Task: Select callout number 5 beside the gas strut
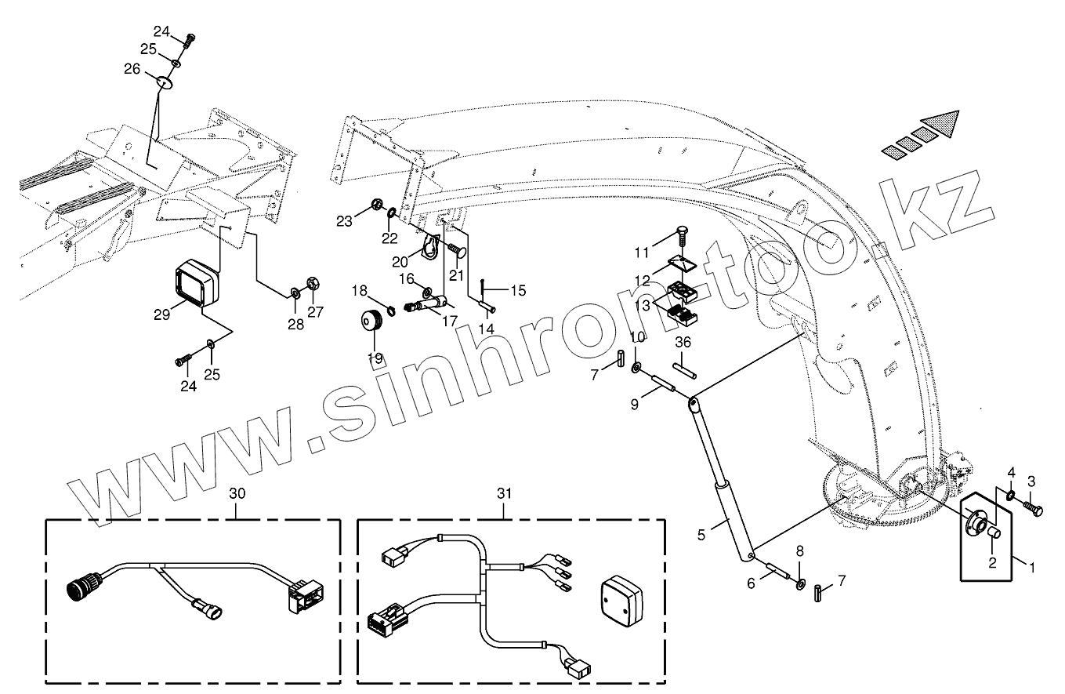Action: (x=701, y=535)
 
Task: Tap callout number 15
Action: (x=518, y=290)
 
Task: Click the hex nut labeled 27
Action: (x=311, y=282)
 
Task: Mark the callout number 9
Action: (x=636, y=405)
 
